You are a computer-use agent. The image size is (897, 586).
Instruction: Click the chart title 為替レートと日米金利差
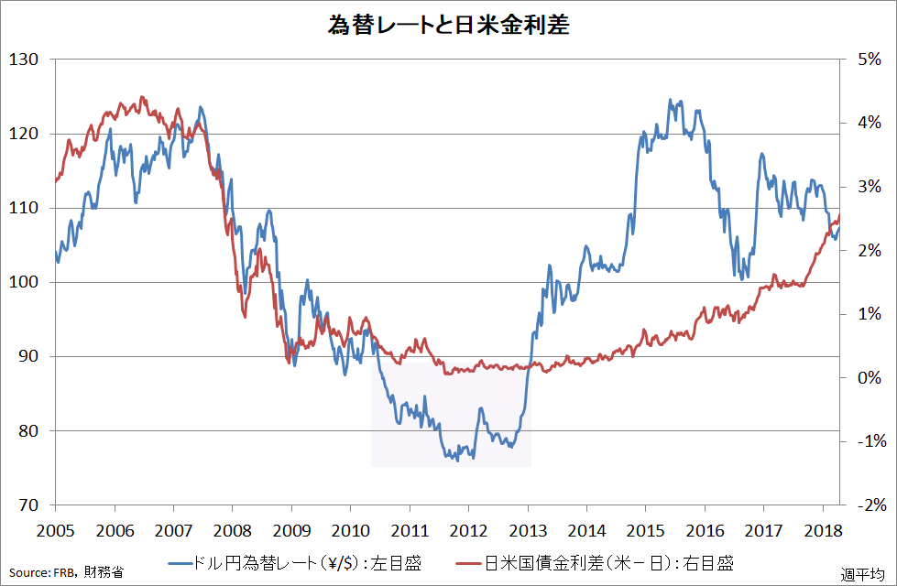448,25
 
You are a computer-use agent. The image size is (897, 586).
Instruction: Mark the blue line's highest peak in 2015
670,100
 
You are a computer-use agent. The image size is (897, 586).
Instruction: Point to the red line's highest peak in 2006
141,96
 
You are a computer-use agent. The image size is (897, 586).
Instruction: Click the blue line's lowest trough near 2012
457,460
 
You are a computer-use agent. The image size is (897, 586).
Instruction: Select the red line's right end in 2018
839,214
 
